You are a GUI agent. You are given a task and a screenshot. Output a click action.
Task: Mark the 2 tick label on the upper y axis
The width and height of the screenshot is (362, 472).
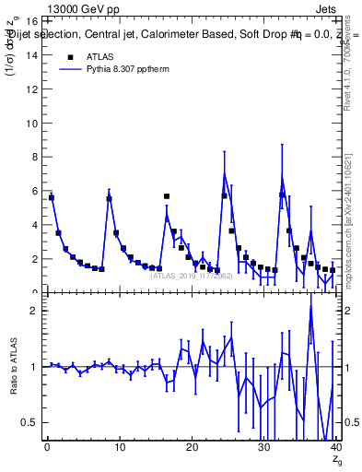(33, 259)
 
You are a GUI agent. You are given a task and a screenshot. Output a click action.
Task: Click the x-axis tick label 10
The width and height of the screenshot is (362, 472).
(119, 447)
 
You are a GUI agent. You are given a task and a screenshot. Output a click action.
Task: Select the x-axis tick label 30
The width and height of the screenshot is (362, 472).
(263, 447)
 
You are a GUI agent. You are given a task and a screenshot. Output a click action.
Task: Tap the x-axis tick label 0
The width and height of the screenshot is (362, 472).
(47, 447)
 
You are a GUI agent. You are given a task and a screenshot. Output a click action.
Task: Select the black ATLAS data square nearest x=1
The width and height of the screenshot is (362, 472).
(52, 197)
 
